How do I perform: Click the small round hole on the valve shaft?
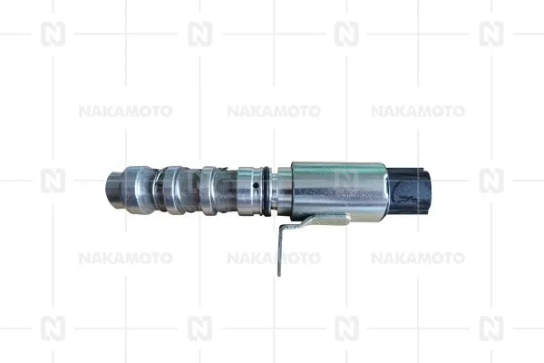257,186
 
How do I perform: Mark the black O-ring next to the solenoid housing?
270,183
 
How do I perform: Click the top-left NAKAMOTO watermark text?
125,112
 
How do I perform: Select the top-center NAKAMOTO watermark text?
273,112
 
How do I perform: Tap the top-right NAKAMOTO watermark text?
418,112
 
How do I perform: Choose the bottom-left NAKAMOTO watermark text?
125,258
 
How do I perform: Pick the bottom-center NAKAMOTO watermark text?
273,258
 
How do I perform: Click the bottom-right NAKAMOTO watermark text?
418,258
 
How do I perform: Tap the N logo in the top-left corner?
53,34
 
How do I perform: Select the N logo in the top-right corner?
491,34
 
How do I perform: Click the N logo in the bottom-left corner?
53,328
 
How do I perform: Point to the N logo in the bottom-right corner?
491,328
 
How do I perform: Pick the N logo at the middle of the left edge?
53,181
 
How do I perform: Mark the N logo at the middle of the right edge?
491,181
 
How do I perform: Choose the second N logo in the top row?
199,34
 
